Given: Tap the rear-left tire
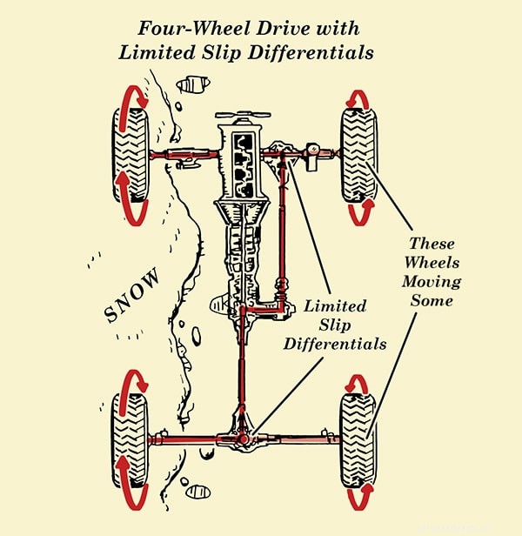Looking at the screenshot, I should click(x=130, y=439).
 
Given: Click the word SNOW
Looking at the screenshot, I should click(x=133, y=296).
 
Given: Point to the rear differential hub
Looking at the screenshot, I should click(x=242, y=439).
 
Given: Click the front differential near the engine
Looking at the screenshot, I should click(x=283, y=154).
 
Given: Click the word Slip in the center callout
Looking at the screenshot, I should click(x=335, y=325).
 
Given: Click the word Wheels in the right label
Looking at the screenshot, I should click(x=433, y=263).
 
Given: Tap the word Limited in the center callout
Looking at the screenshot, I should click(x=335, y=306).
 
